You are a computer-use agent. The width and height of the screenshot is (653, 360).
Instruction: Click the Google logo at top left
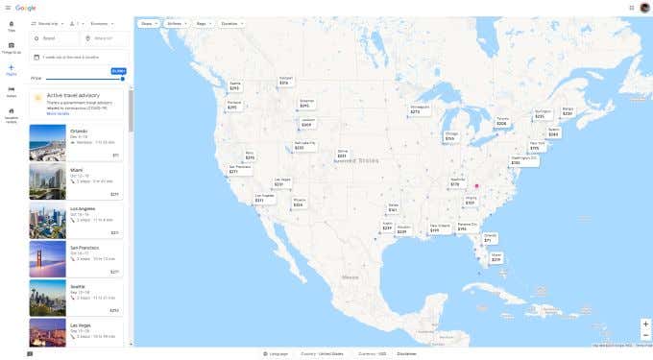pyautogui.click(x=26, y=8)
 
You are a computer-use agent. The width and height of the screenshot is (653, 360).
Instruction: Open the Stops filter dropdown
pyautogui.click(x=147, y=22)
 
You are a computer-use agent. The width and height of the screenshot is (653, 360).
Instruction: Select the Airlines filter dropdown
pyautogui.click(x=175, y=22)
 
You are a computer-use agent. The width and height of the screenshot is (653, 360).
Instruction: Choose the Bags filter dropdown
pyautogui.click(x=203, y=22)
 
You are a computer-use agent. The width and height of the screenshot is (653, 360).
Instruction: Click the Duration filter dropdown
pyautogui.click(x=230, y=22)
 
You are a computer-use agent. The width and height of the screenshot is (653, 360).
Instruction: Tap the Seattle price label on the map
pyautogui.click(x=235, y=86)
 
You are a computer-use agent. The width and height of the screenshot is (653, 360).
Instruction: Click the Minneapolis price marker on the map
pyautogui.click(x=415, y=110)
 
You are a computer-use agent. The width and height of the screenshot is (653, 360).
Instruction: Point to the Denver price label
pyautogui.click(x=342, y=154)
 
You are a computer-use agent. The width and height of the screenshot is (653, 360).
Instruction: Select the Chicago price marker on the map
pyautogui.click(x=450, y=136)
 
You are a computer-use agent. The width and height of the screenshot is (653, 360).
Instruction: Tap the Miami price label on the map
pyautogui.click(x=496, y=258)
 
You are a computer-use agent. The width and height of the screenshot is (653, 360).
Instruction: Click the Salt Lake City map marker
pyautogui.click(x=303, y=146)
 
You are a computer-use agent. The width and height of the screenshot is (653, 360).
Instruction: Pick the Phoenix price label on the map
pyautogui.click(x=299, y=203)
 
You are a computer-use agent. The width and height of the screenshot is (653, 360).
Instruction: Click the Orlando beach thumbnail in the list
pyautogui.click(x=47, y=143)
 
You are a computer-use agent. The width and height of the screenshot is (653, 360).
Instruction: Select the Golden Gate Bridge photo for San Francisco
pyautogui.click(x=47, y=257)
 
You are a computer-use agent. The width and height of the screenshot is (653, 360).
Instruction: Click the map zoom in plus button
pyautogui.click(x=645, y=324)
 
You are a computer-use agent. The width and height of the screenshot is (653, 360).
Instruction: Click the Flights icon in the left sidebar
pyautogui.click(x=11, y=68)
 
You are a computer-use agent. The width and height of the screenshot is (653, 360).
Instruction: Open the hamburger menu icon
pyautogui.click(x=7, y=8)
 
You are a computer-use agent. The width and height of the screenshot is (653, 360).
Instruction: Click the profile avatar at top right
pyautogui.click(x=644, y=8)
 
